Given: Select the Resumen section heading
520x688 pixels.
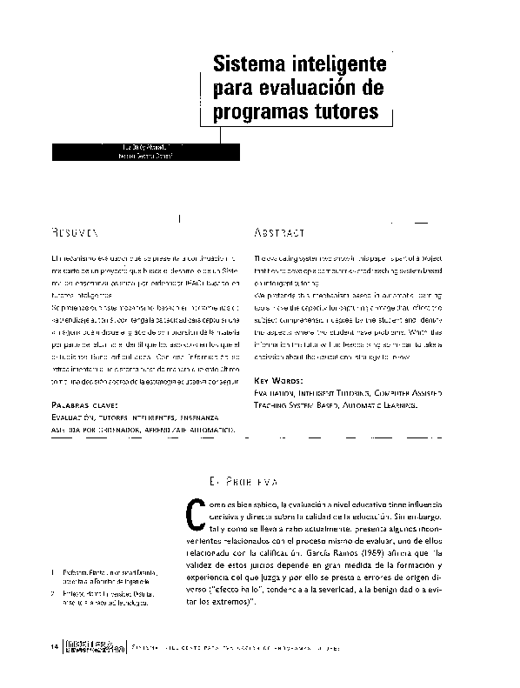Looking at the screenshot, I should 74,234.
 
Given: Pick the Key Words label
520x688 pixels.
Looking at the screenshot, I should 278,382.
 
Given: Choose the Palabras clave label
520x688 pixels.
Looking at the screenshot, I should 83,405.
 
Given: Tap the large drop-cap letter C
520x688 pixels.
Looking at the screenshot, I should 195,518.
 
